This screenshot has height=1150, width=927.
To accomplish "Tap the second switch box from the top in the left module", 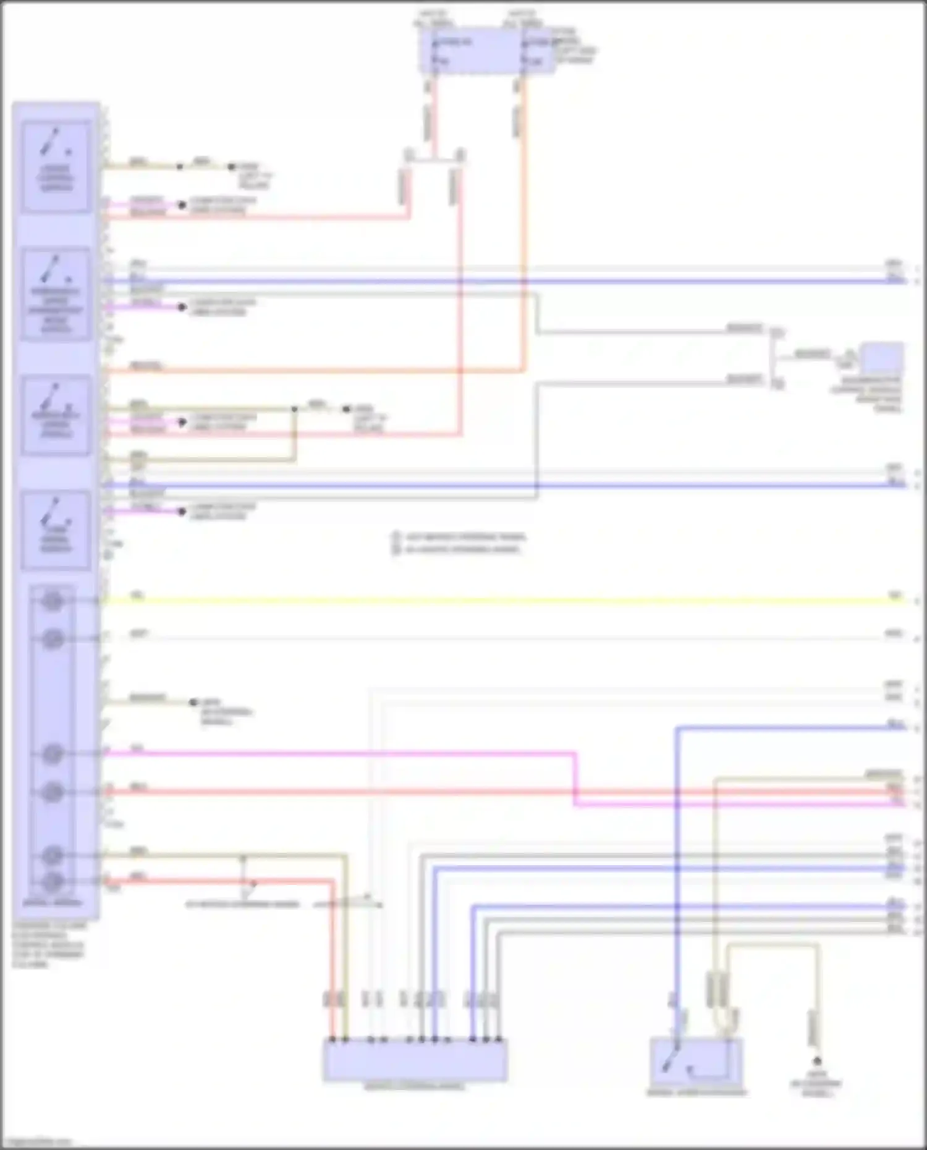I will tap(56, 294).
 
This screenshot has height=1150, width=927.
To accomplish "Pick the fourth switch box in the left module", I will tap(56, 530).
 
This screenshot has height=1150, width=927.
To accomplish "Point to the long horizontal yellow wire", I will tap(494, 600).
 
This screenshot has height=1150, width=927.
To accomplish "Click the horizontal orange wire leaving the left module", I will tap(309, 371).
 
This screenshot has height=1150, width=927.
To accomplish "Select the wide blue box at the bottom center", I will tap(415, 1060).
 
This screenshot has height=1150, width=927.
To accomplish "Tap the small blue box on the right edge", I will tap(883, 359).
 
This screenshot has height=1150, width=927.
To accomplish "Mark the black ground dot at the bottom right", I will tap(817, 1061).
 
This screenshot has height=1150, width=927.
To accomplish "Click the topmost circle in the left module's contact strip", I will tap(53, 601).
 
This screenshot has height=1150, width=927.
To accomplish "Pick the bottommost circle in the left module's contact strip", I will tap(53, 881).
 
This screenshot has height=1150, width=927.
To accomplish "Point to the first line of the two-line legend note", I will tap(460, 536).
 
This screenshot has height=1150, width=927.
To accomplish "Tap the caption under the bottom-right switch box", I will tap(696, 1093).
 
